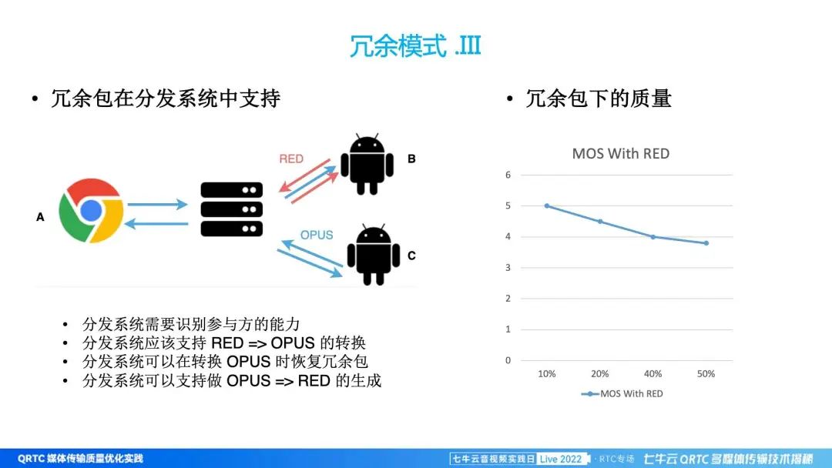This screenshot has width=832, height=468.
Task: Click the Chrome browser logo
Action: point(91,210)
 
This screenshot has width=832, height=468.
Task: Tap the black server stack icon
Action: point(232,209)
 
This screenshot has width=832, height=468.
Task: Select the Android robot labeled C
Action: point(374,255)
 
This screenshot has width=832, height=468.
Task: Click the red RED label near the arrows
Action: point(291,159)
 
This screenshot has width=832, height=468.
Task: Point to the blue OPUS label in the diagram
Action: point(317,235)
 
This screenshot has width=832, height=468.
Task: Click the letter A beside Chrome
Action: point(40,217)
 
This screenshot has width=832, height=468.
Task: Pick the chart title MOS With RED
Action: point(621,154)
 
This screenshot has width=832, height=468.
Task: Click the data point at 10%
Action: point(547,206)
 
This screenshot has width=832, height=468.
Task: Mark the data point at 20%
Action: point(600,222)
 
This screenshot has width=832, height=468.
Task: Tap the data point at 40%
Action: point(653,237)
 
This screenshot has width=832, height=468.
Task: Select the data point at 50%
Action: point(706,243)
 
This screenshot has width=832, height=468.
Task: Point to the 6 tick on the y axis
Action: point(508,175)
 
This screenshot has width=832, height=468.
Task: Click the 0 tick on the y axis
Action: point(508,360)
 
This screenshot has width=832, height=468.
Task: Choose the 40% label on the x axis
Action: point(653,373)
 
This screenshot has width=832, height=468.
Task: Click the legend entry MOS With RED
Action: point(622,394)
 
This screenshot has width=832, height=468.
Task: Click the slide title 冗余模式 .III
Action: point(415,45)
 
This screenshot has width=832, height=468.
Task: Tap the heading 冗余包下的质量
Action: point(599,99)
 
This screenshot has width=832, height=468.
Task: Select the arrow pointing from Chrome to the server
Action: point(158,204)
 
